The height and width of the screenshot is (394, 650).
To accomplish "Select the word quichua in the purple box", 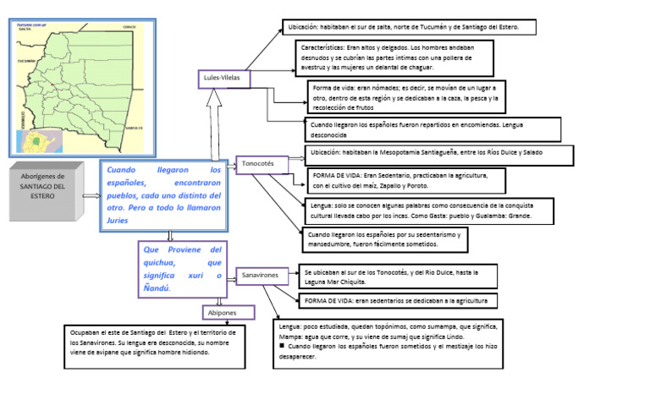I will [x=168, y=263].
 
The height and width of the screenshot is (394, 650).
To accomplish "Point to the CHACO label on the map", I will [x=129, y=27].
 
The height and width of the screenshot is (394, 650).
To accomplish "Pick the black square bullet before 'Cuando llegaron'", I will [x=282, y=347].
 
